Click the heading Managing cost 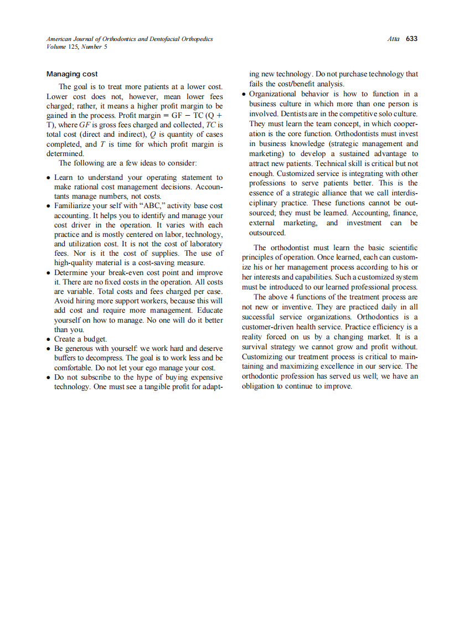[x=72, y=74]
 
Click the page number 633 [x=411, y=39]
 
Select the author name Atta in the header [x=395, y=39]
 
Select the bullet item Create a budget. [x=80, y=339]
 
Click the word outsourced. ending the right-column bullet [x=267, y=232]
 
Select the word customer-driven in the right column [x=268, y=327]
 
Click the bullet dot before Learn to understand [x=49, y=178]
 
